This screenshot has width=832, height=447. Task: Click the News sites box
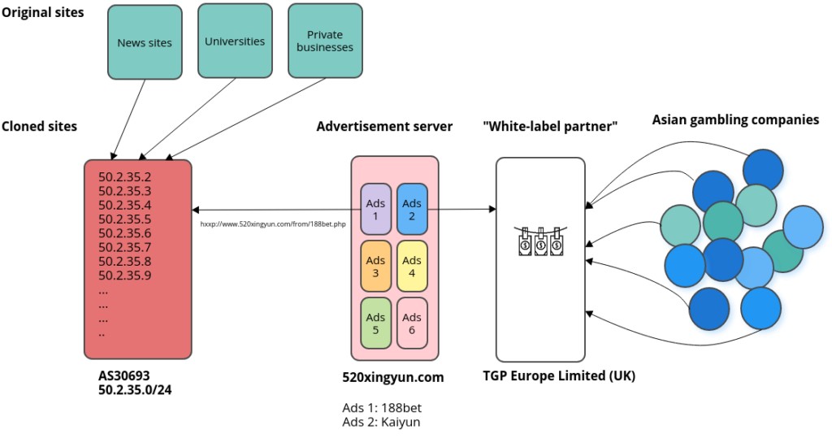click(145, 42)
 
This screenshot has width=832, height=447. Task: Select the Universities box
click(235, 41)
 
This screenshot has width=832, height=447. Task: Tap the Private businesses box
click(325, 41)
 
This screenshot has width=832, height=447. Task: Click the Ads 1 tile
click(375, 210)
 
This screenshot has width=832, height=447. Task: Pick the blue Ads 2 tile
click(412, 210)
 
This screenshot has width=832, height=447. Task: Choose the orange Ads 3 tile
click(375, 267)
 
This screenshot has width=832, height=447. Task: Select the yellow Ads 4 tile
click(412, 267)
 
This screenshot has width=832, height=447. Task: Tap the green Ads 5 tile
click(375, 323)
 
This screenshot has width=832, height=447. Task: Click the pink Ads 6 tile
click(412, 323)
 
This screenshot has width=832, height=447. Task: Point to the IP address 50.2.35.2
click(124, 176)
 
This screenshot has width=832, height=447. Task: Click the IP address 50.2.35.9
click(124, 275)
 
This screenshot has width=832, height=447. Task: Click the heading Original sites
click(42, 12)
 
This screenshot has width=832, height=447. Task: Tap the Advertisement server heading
click(384, 126)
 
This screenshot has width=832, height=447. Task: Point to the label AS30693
click(123, 376)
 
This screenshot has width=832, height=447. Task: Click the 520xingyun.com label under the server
click(393, 377)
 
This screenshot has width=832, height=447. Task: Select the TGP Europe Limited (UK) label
click(559, 375)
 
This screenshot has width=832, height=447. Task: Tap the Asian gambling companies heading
click(735, 120)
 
